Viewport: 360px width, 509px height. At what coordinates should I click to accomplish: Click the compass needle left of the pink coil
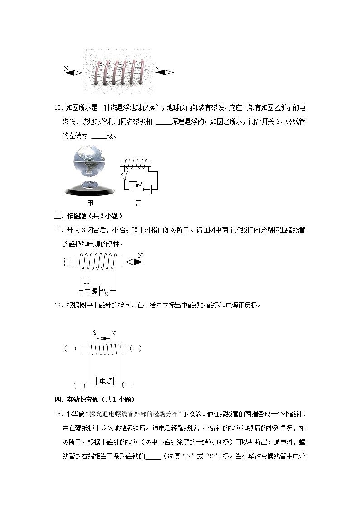[x=75, y=73]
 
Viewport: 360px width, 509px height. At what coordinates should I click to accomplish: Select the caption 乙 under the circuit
[x=138, y=204]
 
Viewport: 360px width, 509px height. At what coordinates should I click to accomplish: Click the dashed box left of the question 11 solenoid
[x=68, y=262]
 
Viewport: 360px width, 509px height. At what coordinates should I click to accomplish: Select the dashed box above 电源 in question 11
[x=86, y=279]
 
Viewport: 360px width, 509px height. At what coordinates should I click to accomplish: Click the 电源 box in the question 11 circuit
[x=91, y=291]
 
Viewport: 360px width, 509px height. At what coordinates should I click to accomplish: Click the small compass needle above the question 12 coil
[x=104, y=338]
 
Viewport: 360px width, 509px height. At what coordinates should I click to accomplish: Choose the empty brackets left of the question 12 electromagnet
[x=70, y=349]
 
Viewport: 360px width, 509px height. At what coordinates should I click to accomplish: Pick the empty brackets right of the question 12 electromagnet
[x=135, y=349]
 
